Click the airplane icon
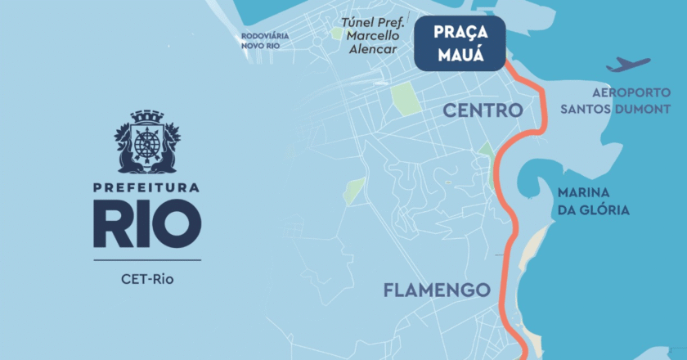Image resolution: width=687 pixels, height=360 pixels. (628, 65)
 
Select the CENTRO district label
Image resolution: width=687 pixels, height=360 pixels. (483, 110)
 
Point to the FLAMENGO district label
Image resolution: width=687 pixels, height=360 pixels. (437, 290)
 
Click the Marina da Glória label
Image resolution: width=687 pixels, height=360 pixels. (593, 201)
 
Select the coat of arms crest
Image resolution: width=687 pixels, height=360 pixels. (146, 142)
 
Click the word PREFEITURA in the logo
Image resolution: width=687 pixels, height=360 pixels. (146, 188)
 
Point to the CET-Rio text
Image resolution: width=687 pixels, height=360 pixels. (146, 279)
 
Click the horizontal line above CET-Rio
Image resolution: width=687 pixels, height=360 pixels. (146, 259)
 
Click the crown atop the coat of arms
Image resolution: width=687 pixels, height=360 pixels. (146, 116)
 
